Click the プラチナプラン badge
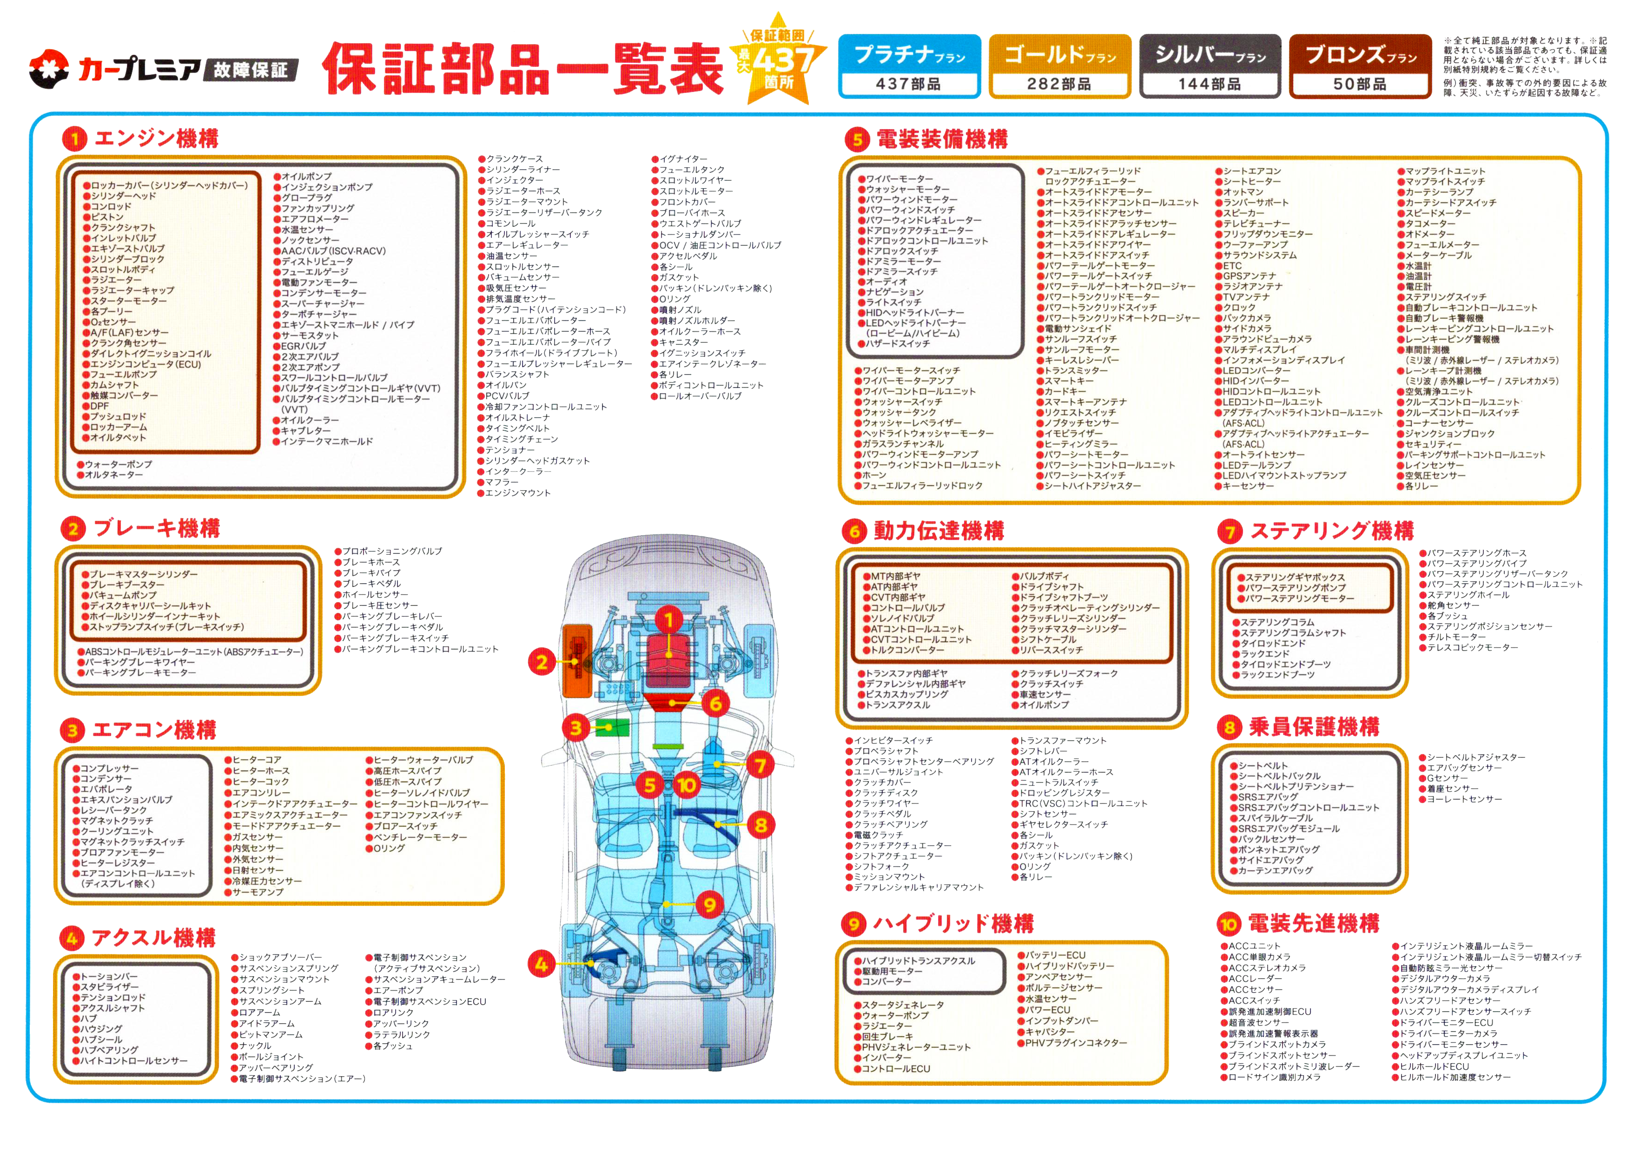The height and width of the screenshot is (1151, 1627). click(x=910, y=66)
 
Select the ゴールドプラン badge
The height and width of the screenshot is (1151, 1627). click(x=1060, y=66)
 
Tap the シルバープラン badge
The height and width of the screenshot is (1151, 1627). click(x=1210, y=66)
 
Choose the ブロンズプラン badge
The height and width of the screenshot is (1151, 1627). click(x=1361, y=66)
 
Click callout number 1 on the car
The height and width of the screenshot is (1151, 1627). click(x=668, y=621)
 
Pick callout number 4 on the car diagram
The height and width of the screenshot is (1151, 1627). click(x=541, y=964)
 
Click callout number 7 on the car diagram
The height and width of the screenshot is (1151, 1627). click(x=761, y=765)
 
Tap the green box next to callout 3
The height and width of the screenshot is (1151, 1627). click(x=612, y=728)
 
